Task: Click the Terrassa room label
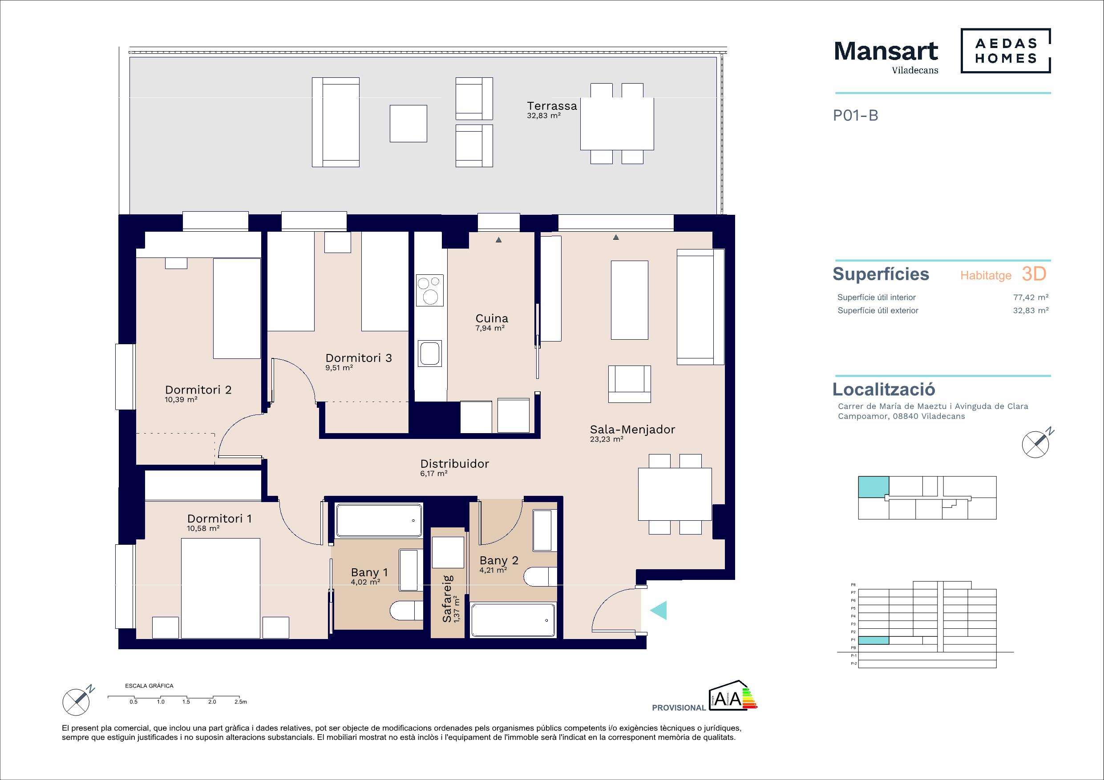coord(551,106)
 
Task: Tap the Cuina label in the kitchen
coord(491,318)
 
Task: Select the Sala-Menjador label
coord(632,430)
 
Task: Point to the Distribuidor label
coord(454,464)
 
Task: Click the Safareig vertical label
coord(447,599)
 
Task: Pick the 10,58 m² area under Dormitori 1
coord(203,528)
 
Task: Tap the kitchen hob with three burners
coord(430,291)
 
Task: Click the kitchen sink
coord(430,353)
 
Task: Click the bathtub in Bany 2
coord(513,620)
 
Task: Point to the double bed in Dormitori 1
coord(221,588)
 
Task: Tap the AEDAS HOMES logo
coord(1005,51)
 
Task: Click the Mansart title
coord(886,51)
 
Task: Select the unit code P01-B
coord(855,116)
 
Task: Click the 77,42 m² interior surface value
coord(1031,298)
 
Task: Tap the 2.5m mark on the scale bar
coord(240,702)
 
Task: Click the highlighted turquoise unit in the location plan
coord(873,487)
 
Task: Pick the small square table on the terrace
coord(408,124)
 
